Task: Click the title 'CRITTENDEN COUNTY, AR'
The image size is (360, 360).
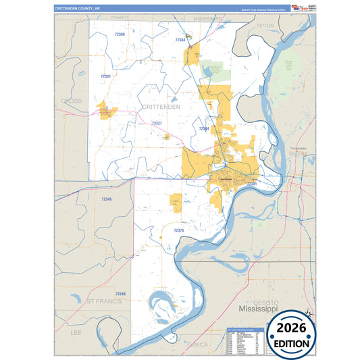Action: pyautogui.click(x=77, y=8)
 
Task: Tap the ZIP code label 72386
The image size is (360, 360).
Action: pyautogui.click(x=120, y=34)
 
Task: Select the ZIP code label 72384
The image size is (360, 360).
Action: pyautogui.click(x=180, y=41)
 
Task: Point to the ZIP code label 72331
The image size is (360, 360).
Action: pyautogui.click(x=105, y=76)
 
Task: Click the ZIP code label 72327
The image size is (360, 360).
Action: pyautogui.click(x=157, y=124)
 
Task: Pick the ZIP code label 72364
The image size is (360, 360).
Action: pyautogui.click(x=204, y=128)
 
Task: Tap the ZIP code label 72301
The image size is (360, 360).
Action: pyautogui.click(x=251, y=184)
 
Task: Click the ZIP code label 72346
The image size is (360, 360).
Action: pyautogui.click(x=106, y=199)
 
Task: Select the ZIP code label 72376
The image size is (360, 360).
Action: pyautogui.click(x=178, y=230)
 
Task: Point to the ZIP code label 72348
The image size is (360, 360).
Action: pyautogui.click(x=120, y=294)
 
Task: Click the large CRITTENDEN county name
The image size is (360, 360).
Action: pyautogui.click(x=161, y=107)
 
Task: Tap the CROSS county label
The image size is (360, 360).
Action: pyautogui.click(x=71, y=101)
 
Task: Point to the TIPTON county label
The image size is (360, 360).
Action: pyautogui.click(x=265, y=25)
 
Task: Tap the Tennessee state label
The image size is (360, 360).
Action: pyautogui.click(x=298, y=148)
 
